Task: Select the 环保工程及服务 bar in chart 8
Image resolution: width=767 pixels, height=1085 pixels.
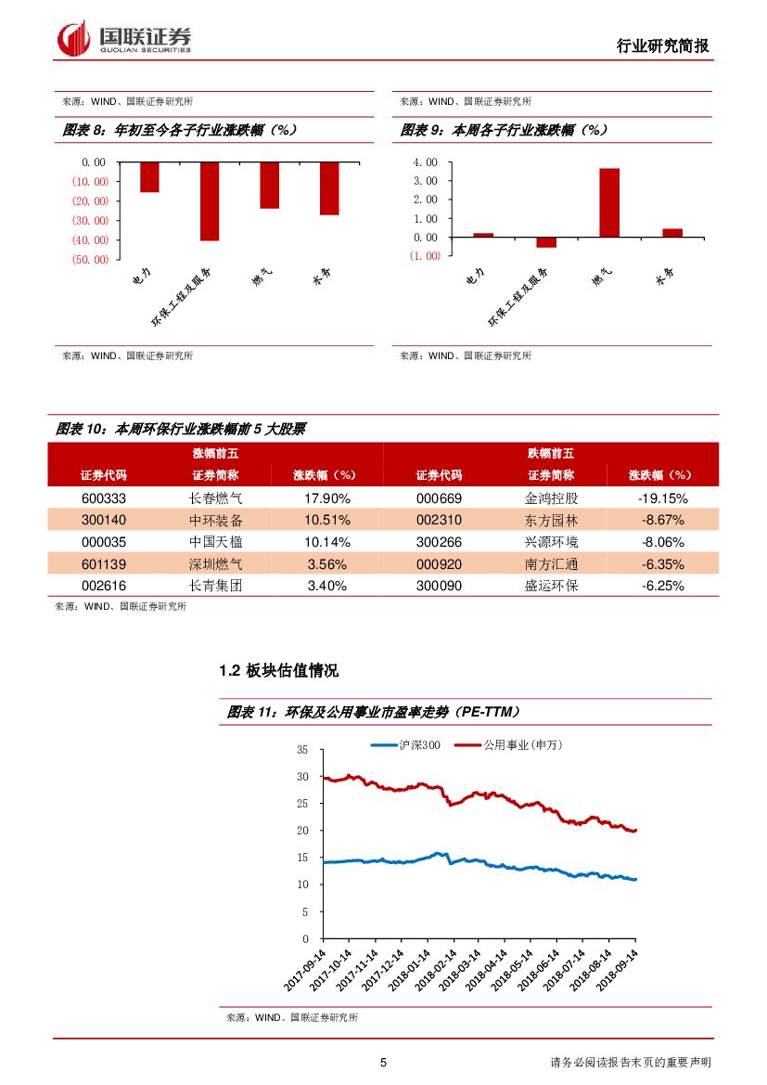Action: (x=210, y=200)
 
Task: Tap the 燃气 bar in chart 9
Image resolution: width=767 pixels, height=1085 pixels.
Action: (x=608, y=202)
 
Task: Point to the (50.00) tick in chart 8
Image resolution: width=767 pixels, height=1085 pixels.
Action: (x=89, y=259)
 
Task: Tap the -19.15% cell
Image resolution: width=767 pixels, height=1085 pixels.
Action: (x=662, y=497)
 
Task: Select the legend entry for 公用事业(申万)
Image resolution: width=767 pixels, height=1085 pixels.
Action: (x=522, y=744)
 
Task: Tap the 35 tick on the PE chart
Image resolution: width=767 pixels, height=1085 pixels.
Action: (x=302, y=749)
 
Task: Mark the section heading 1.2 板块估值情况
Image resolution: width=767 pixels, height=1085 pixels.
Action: (x=278, y=670)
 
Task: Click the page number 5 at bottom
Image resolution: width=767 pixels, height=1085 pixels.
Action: (x=383, y=1063)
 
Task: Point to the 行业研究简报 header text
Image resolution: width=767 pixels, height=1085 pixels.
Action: (x=662, y=45)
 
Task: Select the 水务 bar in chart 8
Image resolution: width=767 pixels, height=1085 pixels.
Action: (x=329, y=188)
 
